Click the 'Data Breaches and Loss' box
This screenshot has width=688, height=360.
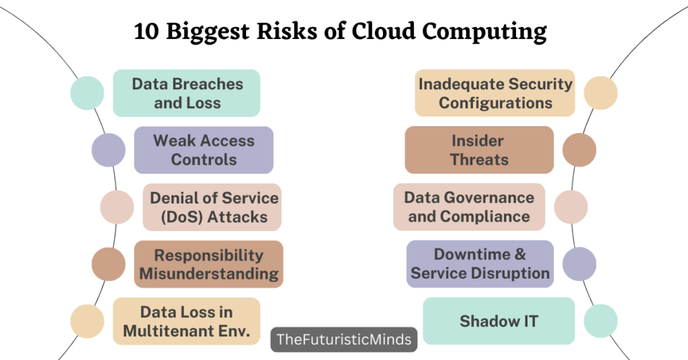point(186,93)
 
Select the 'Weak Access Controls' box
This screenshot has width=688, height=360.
point(204,150)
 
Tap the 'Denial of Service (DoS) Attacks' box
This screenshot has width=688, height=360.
point(212,207)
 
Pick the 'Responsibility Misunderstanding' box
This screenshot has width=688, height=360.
point(208,264)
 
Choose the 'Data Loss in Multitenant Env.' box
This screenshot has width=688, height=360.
point(186,321)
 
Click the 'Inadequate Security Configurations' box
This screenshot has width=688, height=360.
point(495,93)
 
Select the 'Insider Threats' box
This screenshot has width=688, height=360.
point(479,150)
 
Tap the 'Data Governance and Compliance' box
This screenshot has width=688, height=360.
point(469,207)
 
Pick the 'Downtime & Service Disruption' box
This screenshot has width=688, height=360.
point(480,264)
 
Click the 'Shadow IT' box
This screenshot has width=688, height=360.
point(499,321)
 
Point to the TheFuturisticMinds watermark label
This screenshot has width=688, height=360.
point(344,339)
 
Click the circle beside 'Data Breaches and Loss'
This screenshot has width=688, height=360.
point(87,93)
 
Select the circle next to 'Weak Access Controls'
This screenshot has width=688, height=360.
point(109,150)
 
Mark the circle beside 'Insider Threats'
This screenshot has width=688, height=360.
point(579,150)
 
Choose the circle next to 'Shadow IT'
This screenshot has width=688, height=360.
point(601,321)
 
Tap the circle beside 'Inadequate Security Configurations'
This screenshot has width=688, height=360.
point(601,93)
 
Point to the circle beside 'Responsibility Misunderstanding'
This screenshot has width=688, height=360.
point(109,264)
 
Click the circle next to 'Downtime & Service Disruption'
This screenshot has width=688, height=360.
point(579,264)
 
